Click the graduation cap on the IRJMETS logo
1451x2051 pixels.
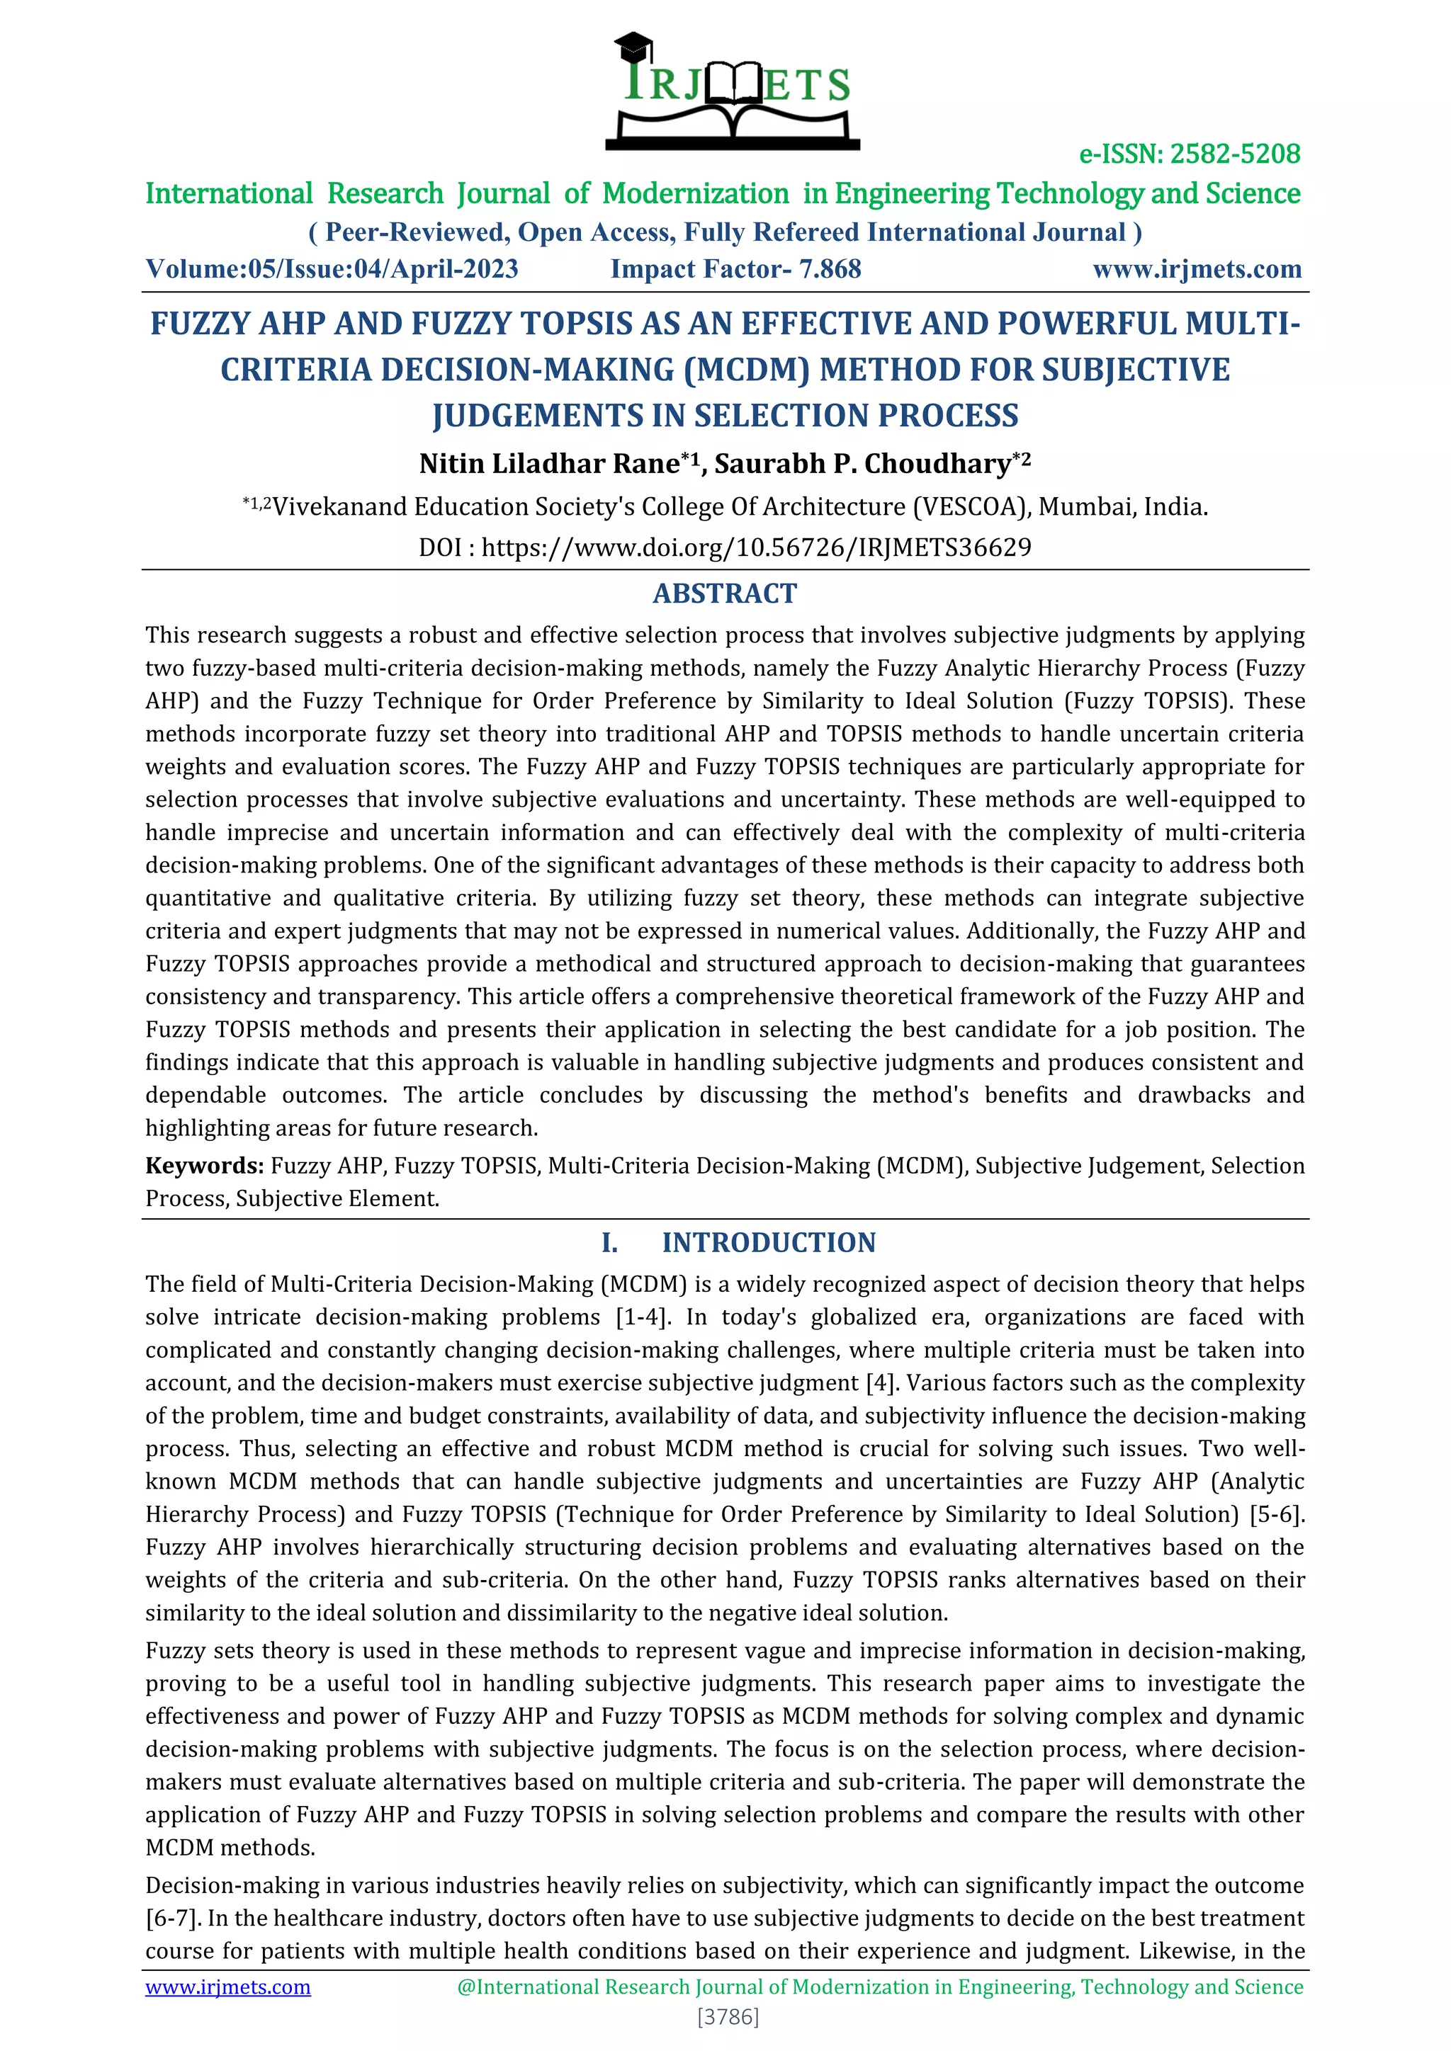coord(633,45)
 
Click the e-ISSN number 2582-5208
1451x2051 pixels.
coord(1234,154)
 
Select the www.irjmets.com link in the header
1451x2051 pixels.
coord(1197,269)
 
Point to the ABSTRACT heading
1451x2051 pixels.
coord(725,593)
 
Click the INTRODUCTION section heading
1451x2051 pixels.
coord(769,1243)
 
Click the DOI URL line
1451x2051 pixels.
coord(725,547)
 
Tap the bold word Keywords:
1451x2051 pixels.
coord(205,1166)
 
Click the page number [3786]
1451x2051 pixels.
coord(728,2016)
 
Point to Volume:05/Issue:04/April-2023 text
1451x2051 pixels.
coord(332,269)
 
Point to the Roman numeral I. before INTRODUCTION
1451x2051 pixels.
coord(609,1243)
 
